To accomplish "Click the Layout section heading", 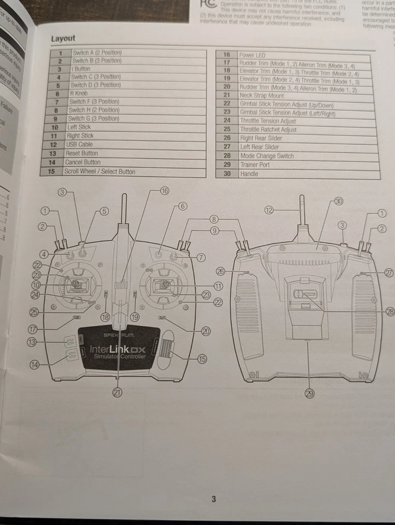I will tap(63, 39).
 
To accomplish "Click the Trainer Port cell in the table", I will tap(254, 165).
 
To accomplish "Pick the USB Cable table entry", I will tap(79, 145).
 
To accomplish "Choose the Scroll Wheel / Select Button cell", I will tap(100, 172).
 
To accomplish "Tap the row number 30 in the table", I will tap(226, 174).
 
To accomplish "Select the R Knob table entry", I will tap(79, 94).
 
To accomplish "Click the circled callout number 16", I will tap(164, 190).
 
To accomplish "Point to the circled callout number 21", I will tap(117, 392).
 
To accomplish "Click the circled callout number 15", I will tap(202, 359).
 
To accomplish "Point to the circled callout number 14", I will tap(36, 365).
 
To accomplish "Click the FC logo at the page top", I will tap(207, 4).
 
